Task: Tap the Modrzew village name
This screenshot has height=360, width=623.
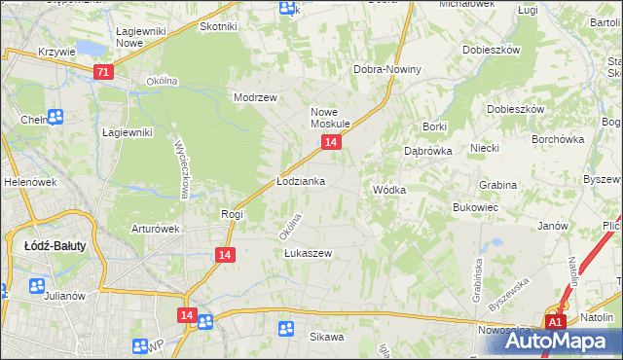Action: point(256,98)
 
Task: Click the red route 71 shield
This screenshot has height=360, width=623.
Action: point(105,72)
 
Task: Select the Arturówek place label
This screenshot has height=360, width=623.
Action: point(156,230)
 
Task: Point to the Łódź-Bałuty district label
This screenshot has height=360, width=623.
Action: point(55,246)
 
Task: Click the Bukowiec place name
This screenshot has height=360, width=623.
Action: point(476,208)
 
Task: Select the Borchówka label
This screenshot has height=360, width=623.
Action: point(557,139)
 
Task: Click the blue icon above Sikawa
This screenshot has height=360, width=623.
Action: point(286,329)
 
